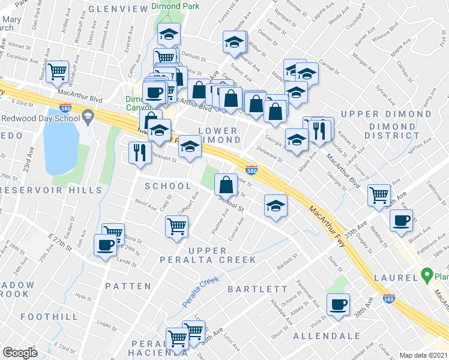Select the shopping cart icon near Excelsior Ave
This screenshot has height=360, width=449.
(58, 71)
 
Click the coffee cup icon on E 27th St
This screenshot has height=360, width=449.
(106, 245)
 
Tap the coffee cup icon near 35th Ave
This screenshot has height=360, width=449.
(401, 220)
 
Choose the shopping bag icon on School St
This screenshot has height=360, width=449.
(226, 184)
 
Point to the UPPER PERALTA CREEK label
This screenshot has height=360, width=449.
(222, 255)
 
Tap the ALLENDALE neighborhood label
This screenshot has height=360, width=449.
(327, 336)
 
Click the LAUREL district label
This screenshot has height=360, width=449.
(395, 278)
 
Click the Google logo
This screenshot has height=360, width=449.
(20, 353)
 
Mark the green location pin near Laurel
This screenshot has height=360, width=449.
(427, 276)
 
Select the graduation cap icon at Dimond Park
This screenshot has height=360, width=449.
(169, 35)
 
